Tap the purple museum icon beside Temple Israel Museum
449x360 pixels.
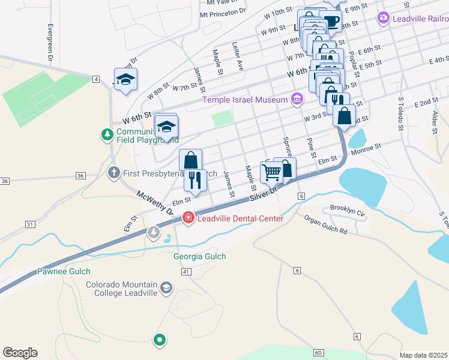pyautogui.click(x=297, y=99)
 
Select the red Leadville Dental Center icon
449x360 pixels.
pyautogui.click(x=188, y=218)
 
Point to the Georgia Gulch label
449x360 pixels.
pyautogui.click(x=200, y=257)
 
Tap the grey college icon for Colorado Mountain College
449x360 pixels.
pyautogui.click(x=166, y=289)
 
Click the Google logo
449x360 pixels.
pyautogui.click(x=20, y=353)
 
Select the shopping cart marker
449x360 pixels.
pyautogui.click(x=272, y=173)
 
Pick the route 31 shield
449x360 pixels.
pyautogui.click(x=30, y=224)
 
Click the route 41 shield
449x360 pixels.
pyautogui.click(x=186, y=272)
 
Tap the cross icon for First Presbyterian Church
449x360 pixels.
pyautogui.click(x=113, y=173)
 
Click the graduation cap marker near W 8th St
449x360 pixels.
pyautogui.click(x=126, y=79)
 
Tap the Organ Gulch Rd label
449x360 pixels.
pyautogui.click(x=325, y=224)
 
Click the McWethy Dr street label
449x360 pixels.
pyautogui.click(x=155, y=203)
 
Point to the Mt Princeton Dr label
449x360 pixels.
pyautogui.click(x=223, y=12)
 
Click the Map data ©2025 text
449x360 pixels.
pyautogui.click(x=423, y=355)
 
